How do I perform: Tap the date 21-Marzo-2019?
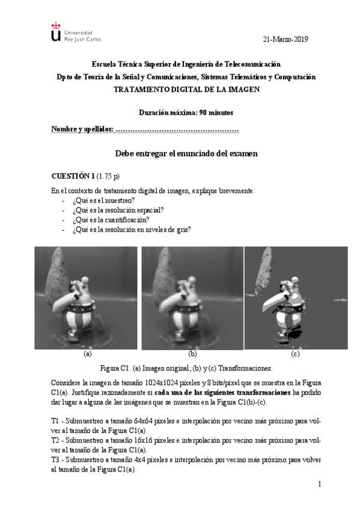[x=285, y=39]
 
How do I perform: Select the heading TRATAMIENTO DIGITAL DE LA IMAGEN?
[x=186, y=89]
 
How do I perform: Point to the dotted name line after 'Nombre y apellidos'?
[x=177, y=129]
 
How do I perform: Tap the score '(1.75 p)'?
[x=108, y=176]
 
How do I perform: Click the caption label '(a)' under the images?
[x=87, y=354]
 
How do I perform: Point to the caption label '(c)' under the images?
[x=295, y=354]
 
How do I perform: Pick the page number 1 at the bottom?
[x=320, y=484]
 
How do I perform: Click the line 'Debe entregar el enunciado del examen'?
[x=186, y=153]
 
